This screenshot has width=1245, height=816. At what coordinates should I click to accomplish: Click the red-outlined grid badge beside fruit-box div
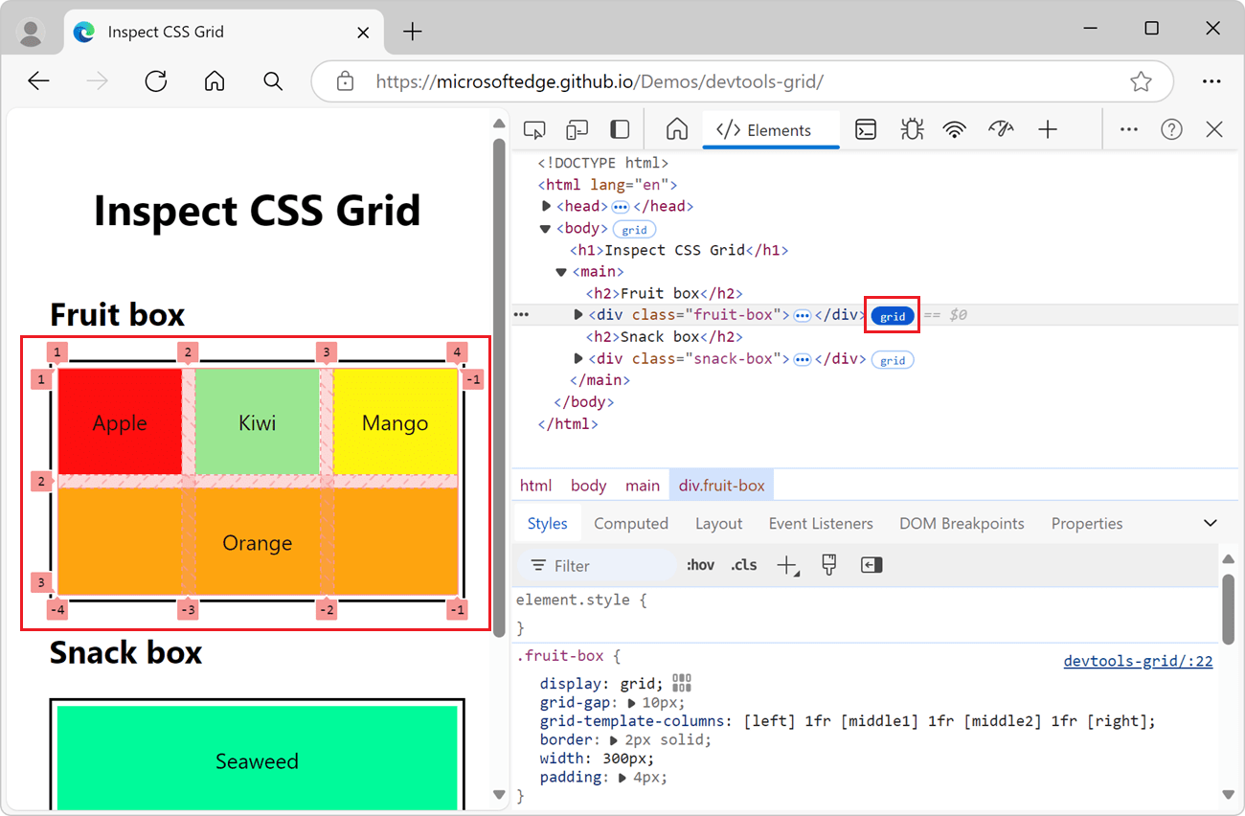click(893, 316)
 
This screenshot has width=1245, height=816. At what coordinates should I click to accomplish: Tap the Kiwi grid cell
click(257, 422)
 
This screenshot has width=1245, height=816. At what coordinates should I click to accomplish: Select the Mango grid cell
click(395, 422)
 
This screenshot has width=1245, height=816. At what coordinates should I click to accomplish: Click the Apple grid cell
click(120, 422)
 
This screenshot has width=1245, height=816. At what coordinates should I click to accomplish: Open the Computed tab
click(630, 524)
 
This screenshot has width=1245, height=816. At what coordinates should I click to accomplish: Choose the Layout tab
click(718, 524)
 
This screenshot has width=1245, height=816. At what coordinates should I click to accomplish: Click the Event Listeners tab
click(821, 524)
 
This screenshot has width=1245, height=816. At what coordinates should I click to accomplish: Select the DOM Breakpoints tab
click(962, 524)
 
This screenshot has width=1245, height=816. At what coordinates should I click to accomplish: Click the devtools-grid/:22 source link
click(1138, 661)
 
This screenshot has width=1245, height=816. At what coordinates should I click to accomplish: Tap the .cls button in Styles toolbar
click(743, 565)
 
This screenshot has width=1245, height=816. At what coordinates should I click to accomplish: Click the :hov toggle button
click(700, 565)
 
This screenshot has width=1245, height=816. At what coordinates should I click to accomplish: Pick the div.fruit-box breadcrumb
click(721, 486)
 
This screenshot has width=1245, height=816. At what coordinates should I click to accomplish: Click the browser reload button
click(156, 81)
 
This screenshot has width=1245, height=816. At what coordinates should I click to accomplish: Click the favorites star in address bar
click(1141, 81)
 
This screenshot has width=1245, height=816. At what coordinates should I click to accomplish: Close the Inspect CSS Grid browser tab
click(363, 32)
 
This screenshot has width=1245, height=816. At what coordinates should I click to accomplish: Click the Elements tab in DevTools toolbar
click(765, 130)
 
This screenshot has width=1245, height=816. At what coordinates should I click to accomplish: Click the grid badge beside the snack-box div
click(893, 360)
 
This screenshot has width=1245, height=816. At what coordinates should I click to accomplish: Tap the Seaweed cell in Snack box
click(257, 761)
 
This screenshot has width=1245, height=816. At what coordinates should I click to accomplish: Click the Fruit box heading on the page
click(118, 314)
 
